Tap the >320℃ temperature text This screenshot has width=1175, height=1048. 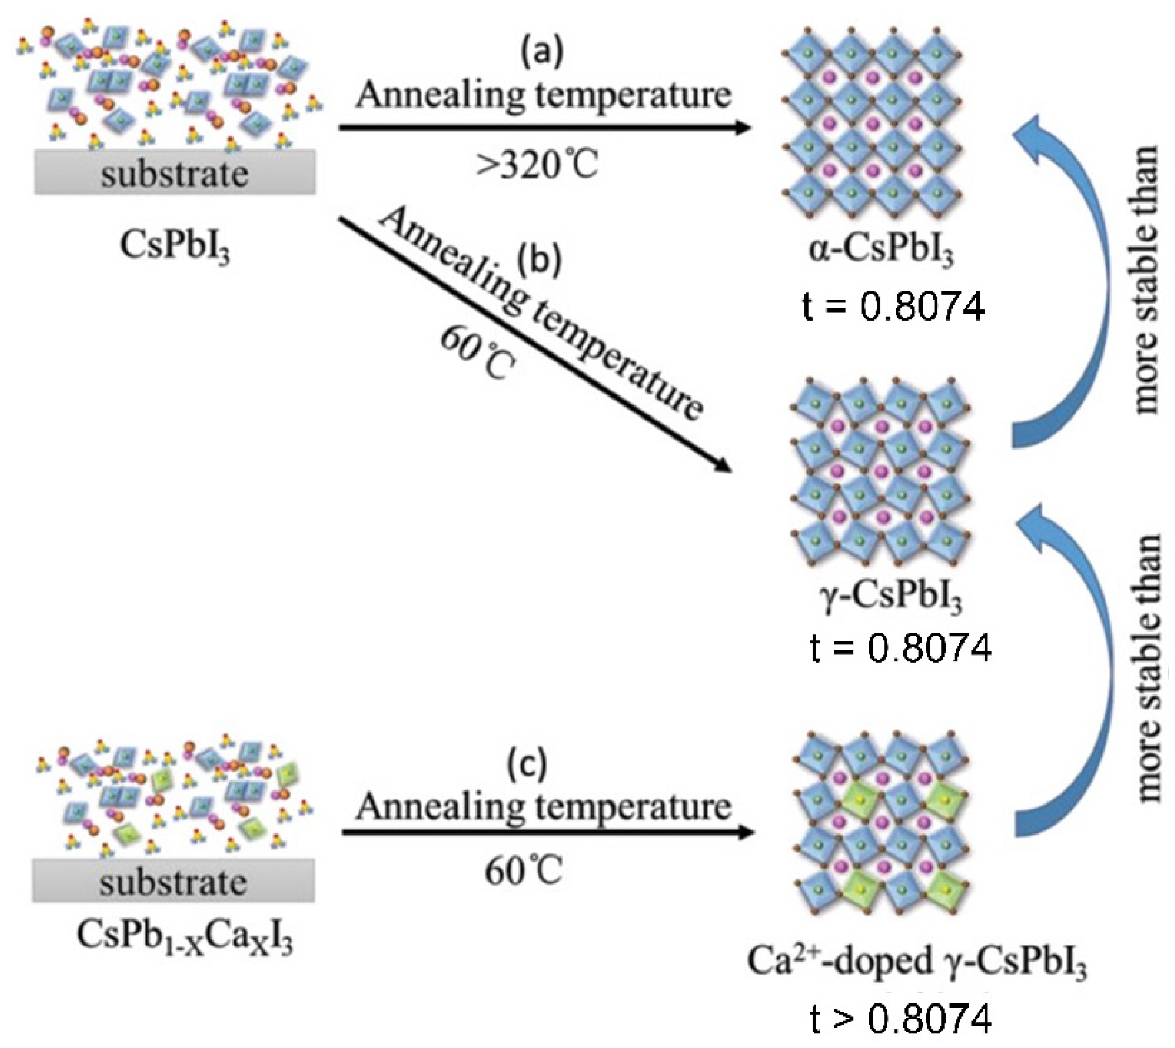pos(537,166)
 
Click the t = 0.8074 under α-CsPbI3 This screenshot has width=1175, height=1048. pos(893,308)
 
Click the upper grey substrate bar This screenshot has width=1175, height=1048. pos(175,173)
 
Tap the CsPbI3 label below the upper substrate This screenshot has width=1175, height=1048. pos(175,247)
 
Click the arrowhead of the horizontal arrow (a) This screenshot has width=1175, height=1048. pos(746,127)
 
